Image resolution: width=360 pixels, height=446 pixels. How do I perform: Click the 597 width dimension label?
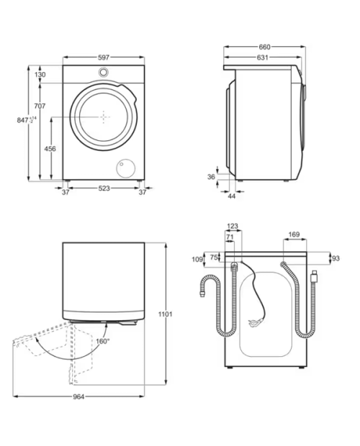click(104, 58)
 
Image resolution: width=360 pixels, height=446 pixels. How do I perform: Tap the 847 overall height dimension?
click(27, 120)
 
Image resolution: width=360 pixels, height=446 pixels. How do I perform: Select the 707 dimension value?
click(40, 106)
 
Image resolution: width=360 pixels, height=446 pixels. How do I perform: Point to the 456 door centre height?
click(50, 148)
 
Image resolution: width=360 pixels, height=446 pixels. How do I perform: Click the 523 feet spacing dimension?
click(104, 188)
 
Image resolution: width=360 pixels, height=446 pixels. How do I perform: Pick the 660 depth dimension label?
click(264, 47)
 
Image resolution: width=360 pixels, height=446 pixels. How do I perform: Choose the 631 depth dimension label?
click(262, 58)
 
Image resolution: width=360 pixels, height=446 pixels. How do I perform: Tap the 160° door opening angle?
click(103, 341)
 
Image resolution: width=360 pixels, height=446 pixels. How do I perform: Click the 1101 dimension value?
click(165, 314)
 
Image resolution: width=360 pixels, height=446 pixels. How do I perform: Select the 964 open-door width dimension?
click(78, 397)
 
